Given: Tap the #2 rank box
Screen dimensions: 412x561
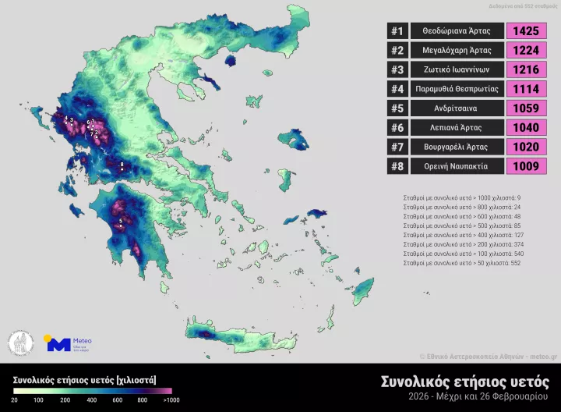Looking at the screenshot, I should [397, 51].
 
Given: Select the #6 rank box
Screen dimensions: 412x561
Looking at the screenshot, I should [397, 127].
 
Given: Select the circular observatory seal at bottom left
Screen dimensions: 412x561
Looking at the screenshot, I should [21, 343].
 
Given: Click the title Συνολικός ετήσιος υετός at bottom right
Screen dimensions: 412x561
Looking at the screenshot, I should [464, 382].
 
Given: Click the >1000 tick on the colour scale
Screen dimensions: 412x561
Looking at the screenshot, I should [171, 400].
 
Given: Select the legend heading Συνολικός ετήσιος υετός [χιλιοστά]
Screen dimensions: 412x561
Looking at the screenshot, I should [84, 380].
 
